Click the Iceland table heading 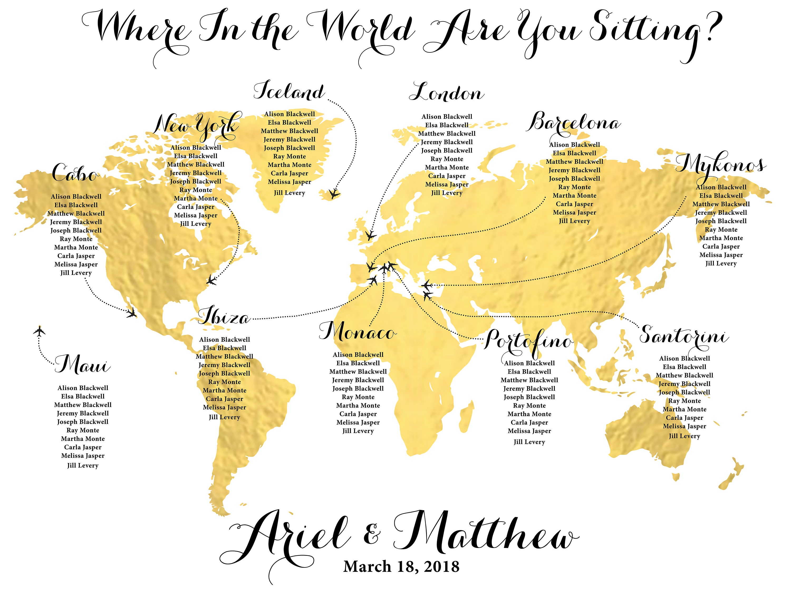[x=289, y=91]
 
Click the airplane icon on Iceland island [x=334, y=194]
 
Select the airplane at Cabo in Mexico [x=132, y=313]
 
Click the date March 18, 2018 [x=401, y=567]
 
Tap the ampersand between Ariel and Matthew [x=372, y=535]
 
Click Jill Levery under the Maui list [x=83, y=465]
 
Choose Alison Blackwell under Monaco [x=358, y=354]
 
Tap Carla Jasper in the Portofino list [x=529, y=422]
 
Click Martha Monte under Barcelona [x=574, y=196]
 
